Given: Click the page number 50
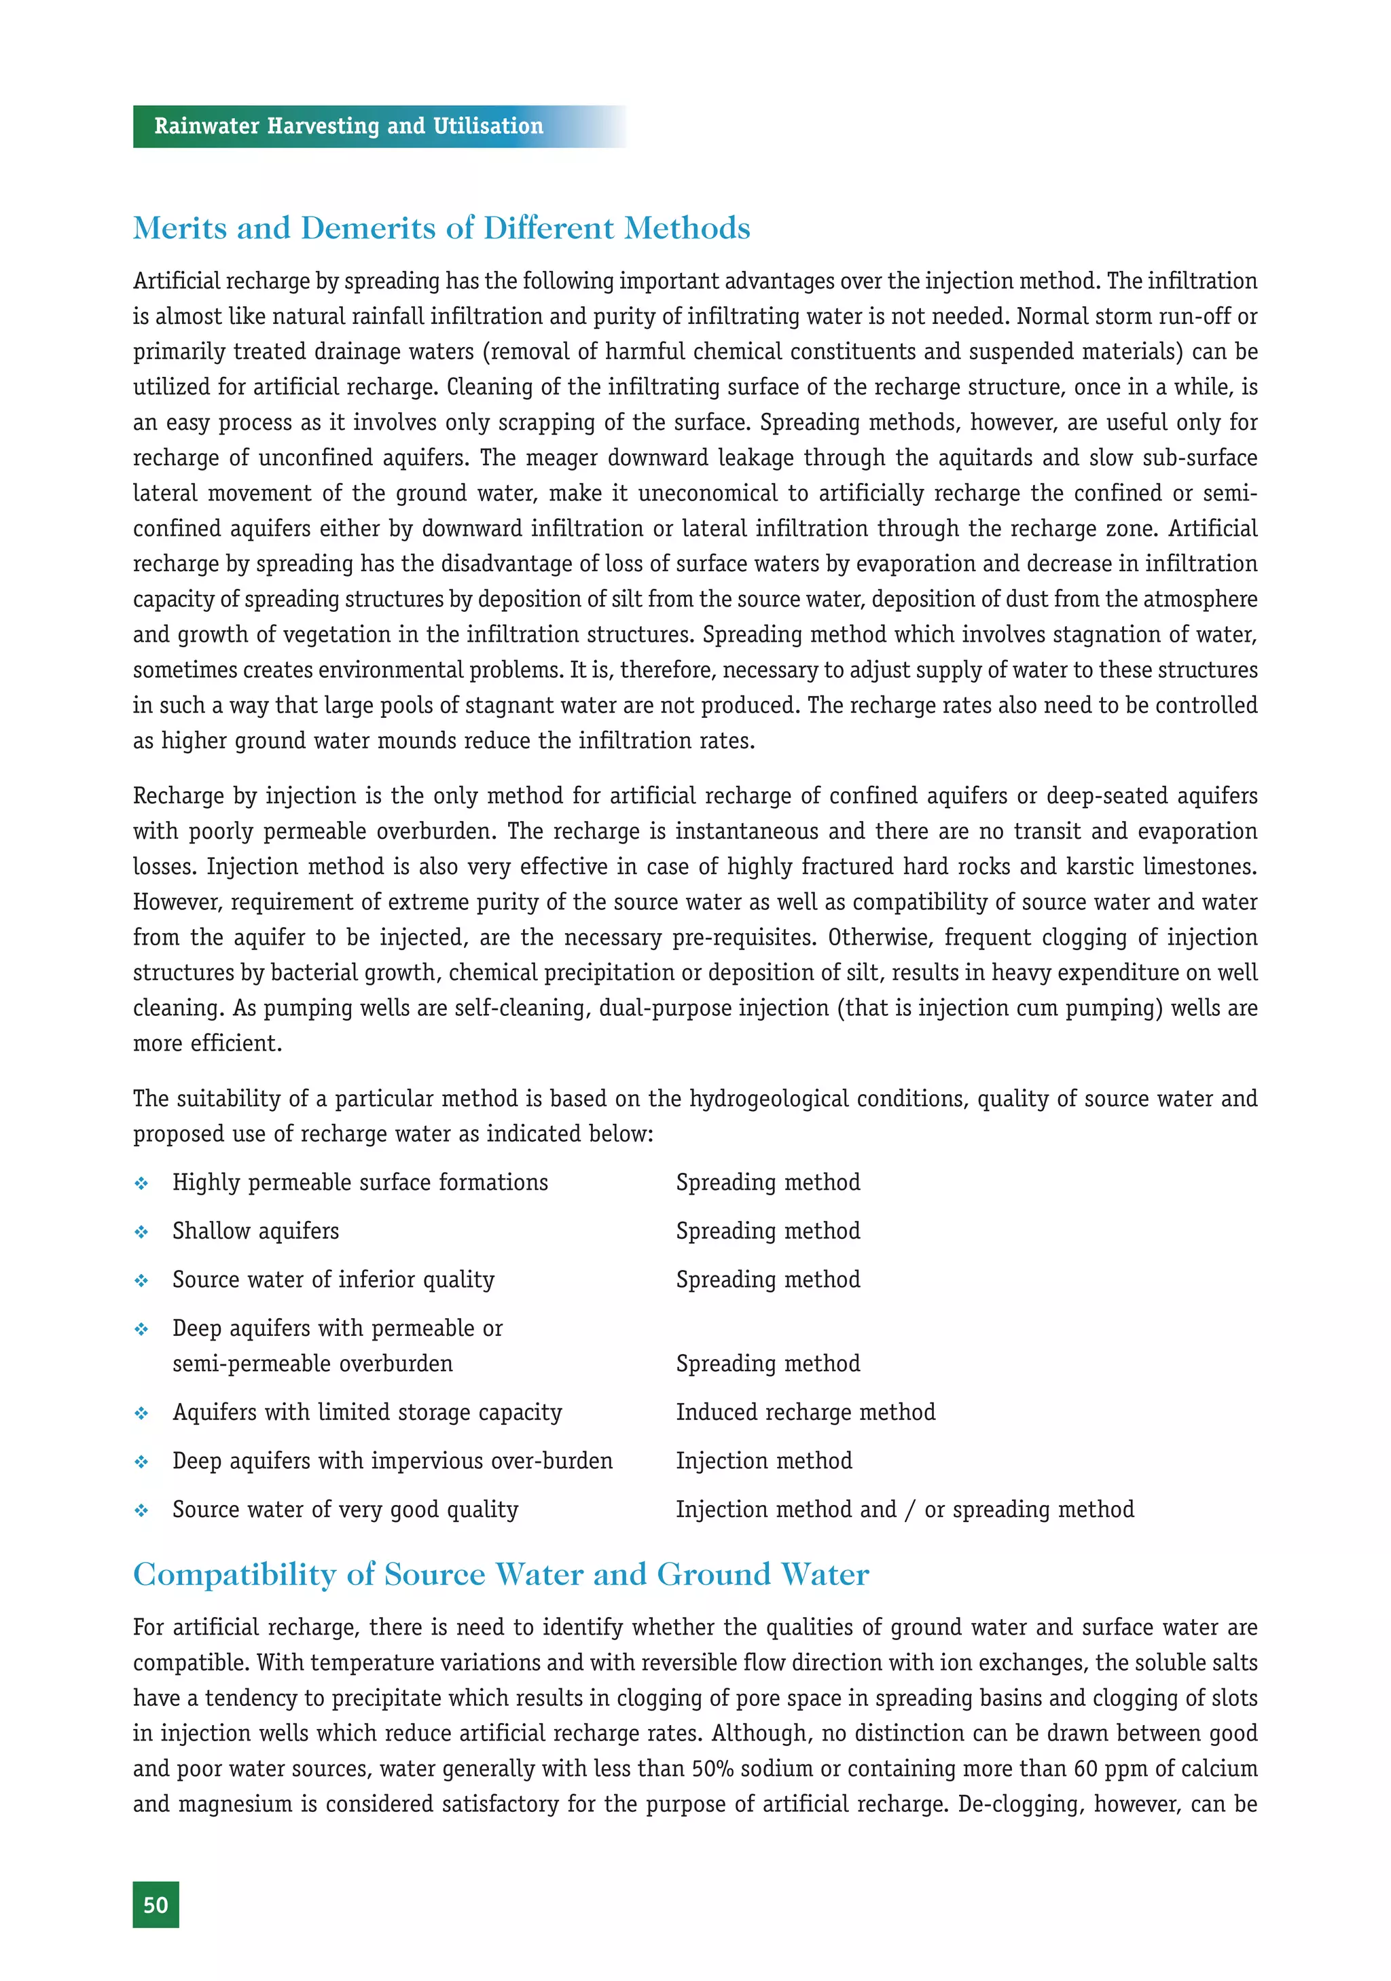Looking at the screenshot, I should (156, 1904).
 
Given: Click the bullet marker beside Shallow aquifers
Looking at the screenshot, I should (141, 1232).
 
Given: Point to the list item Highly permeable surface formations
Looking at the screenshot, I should (360, 1182).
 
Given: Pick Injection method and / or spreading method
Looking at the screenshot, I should (904, 1509).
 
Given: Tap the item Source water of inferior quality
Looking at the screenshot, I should (333, 1279).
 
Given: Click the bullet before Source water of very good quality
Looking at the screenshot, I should (141, 1511).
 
